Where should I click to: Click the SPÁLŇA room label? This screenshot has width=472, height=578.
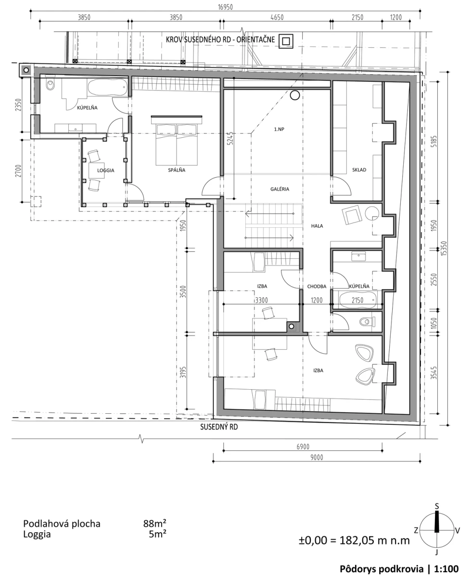point(177,170)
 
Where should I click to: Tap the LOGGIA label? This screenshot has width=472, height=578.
point(106,171)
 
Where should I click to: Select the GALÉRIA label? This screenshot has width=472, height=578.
point(280,189)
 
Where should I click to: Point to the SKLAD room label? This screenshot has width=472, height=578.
point(359,170)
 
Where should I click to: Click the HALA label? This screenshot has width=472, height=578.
point(317,226)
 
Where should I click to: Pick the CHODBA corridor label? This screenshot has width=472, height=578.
point(317,287)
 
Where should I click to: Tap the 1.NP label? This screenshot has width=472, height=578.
point(279,130)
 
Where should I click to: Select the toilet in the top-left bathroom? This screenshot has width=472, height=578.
point(51,85)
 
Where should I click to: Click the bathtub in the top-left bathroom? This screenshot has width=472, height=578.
point(108,88)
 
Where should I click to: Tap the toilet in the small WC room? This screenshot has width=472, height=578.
point(366,321)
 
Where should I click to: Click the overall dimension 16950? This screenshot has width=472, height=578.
point(225,7)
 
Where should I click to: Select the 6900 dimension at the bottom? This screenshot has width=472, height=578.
point(303,447)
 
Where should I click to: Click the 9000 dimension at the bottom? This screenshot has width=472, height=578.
point(317,458)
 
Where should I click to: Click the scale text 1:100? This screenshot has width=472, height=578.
point(446,567)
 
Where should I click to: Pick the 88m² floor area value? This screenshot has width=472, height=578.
point(154,524)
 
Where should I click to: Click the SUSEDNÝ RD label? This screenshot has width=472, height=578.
point(219,427)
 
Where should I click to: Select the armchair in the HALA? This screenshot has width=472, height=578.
point(352,215)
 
